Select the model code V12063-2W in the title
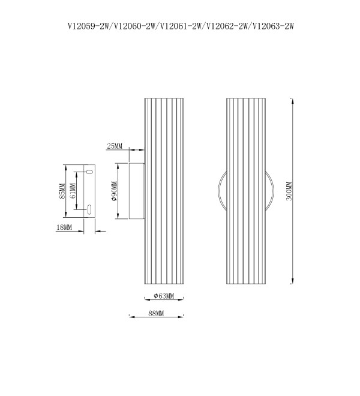tap(274, 26)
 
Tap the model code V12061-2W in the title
tap(181, 26)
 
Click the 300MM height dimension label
tap(289, 191)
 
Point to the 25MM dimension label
tap(115, 146)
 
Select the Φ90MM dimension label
tap(114, 191)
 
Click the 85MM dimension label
tap(62, 191)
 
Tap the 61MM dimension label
tap(72, 191)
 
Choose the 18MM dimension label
tap(64, 227)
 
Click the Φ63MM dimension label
tap(164, 296)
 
